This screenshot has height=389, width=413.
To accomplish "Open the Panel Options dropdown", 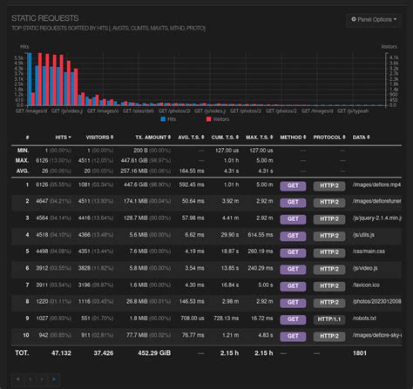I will [374, 18].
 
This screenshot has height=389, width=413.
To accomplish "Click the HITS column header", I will [62, 137].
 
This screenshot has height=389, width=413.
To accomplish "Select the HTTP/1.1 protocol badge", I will [327, 318].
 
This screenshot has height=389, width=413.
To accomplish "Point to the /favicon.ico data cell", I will [369, 284].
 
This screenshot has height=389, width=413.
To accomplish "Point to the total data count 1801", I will [360, 352].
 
